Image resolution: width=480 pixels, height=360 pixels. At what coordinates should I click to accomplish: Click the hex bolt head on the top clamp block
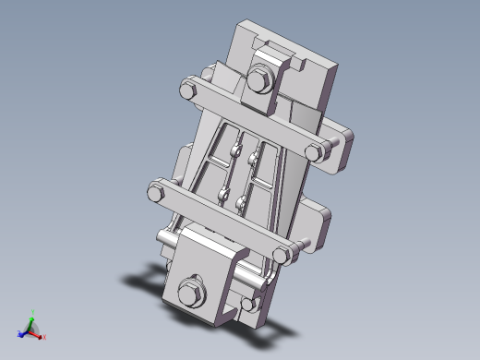(x=259, y=79)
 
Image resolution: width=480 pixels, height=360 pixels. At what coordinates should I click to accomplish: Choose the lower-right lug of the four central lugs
(x=241, y=201)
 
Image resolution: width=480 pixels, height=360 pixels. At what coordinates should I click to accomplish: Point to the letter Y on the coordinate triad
(x=33, y=311)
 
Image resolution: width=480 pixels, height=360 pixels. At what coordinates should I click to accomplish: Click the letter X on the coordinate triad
(x=44, y=337)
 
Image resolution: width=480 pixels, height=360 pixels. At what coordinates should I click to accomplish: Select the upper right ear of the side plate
(x=343, y=138)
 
